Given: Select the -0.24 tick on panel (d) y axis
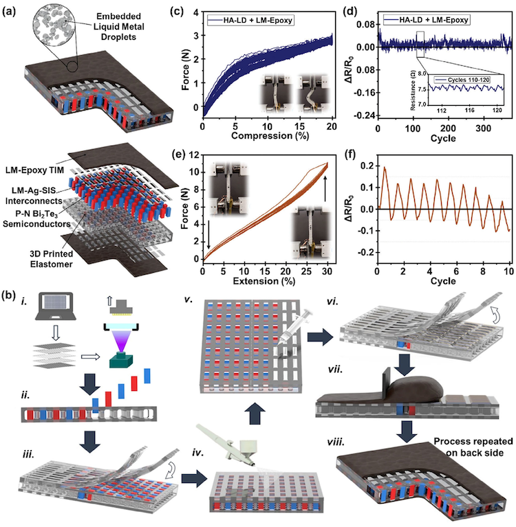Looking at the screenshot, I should click(x=365, y=115).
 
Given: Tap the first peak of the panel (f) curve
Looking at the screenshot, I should click(x=385, y=167).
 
